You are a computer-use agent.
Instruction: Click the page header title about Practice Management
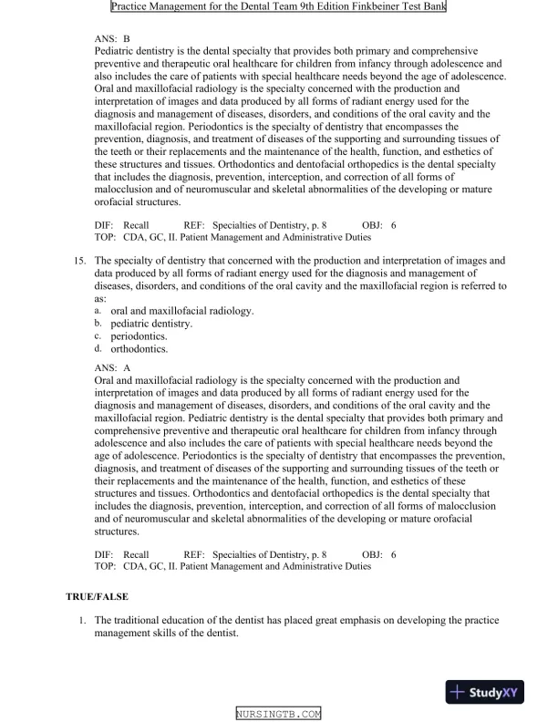(278, 7)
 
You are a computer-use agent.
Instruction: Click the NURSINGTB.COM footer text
(278, 714)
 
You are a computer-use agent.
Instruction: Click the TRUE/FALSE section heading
(97, 596)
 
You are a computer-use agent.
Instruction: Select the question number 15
(80, 261)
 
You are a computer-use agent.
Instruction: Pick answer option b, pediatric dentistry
(151, 324)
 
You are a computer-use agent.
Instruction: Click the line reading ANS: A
(113, 367)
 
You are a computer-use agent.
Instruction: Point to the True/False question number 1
(82, 621)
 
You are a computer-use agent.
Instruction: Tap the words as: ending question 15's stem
(100, 298)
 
